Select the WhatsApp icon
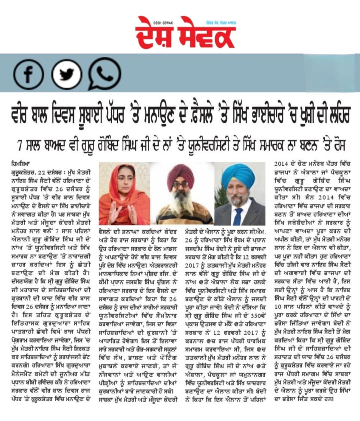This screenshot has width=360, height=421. (x=104, y=74)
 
